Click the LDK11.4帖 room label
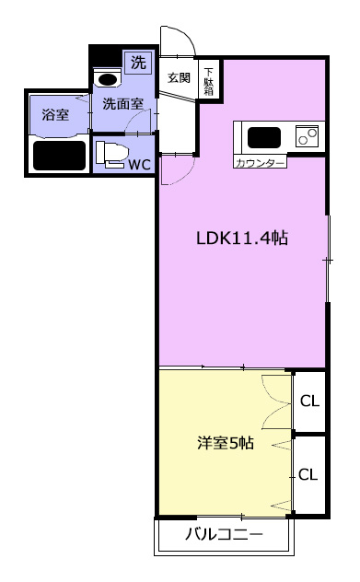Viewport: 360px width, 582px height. point(241,238)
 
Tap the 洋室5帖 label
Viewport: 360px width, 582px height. point(226,443)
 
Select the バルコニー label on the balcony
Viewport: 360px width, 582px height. point(224,534)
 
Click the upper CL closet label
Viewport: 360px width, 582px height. point(309,401)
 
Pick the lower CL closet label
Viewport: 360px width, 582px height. point(308,474)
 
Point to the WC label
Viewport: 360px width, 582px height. point(140,165)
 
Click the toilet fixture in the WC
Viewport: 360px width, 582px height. point(111,154)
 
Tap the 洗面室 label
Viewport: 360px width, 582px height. point(122,104)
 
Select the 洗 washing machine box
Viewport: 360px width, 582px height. point(138,63)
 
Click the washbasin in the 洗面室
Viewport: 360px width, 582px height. point(108,78)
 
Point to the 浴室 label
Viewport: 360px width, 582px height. point(55,115)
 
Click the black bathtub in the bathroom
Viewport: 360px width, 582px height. point(59,156)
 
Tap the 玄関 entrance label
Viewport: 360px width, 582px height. point(179,77)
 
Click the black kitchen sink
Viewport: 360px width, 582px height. point(264,138)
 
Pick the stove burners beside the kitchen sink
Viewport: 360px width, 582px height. point(308,136)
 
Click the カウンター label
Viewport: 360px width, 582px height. point(261,163)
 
